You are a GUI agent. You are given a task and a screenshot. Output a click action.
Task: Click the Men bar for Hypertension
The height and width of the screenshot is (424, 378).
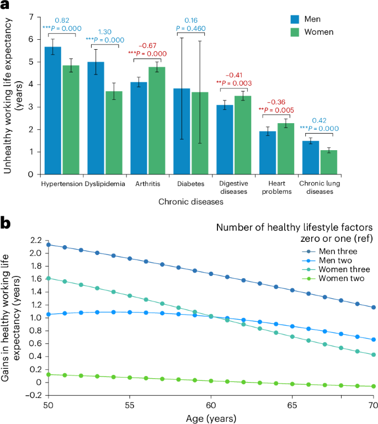click(x=53, y=110)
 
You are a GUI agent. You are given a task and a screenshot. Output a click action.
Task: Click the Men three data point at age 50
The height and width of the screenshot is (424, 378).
click(x=49, y=245)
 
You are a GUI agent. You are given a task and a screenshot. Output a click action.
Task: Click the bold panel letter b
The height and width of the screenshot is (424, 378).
click(x=7, y=223)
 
